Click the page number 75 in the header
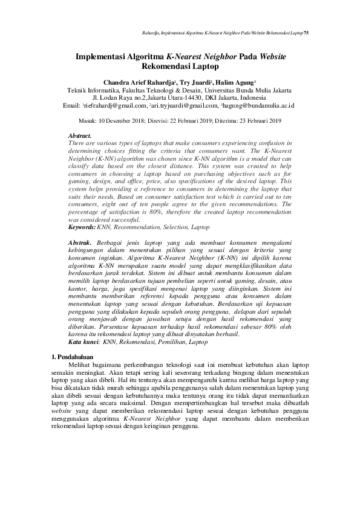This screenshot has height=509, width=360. pyautogui.click(x=306, y=31)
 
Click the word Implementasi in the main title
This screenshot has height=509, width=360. pyautogui.click(x=99, y=56)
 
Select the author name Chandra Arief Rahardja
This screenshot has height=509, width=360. pyautogui.click(x=139, y=82)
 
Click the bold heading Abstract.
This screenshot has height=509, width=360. pyautogui.click(x=80, y=136)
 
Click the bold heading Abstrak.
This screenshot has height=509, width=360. pyautogui.click(x=80, y=242)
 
